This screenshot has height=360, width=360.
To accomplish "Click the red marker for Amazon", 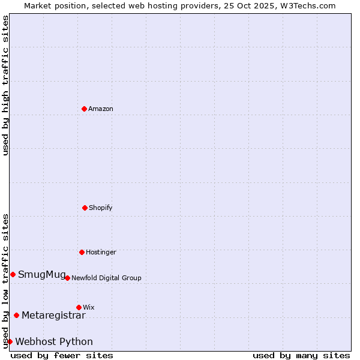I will (84, 109).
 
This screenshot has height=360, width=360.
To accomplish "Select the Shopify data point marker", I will (85, 208).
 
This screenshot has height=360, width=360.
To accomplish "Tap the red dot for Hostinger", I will (82, 252).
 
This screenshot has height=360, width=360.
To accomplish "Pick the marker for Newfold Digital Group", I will (67, 278).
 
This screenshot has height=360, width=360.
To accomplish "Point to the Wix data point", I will (79, 307).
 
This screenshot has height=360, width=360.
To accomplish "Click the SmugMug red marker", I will (13, 274).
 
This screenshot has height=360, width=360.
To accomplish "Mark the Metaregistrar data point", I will (16, 315).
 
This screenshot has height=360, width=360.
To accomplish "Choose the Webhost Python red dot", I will (10, 341).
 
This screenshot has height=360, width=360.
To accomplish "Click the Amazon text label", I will (101, 109).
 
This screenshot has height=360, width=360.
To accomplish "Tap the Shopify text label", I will (101, 208).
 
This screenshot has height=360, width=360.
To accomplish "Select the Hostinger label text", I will (101, 252).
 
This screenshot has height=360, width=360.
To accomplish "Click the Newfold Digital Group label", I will (106, 278).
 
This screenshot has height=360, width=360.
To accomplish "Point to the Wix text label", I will (89, 307).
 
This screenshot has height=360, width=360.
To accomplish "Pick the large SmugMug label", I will (42, 275).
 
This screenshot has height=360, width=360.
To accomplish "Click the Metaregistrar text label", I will (53, 315).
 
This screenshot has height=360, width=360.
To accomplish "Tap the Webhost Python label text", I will (54, 342).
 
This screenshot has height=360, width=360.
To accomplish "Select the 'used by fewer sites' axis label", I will (62, 355).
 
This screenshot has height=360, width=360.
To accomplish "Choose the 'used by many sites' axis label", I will (301, 355).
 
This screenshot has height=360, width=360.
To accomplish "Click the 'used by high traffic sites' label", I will (5, 85).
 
